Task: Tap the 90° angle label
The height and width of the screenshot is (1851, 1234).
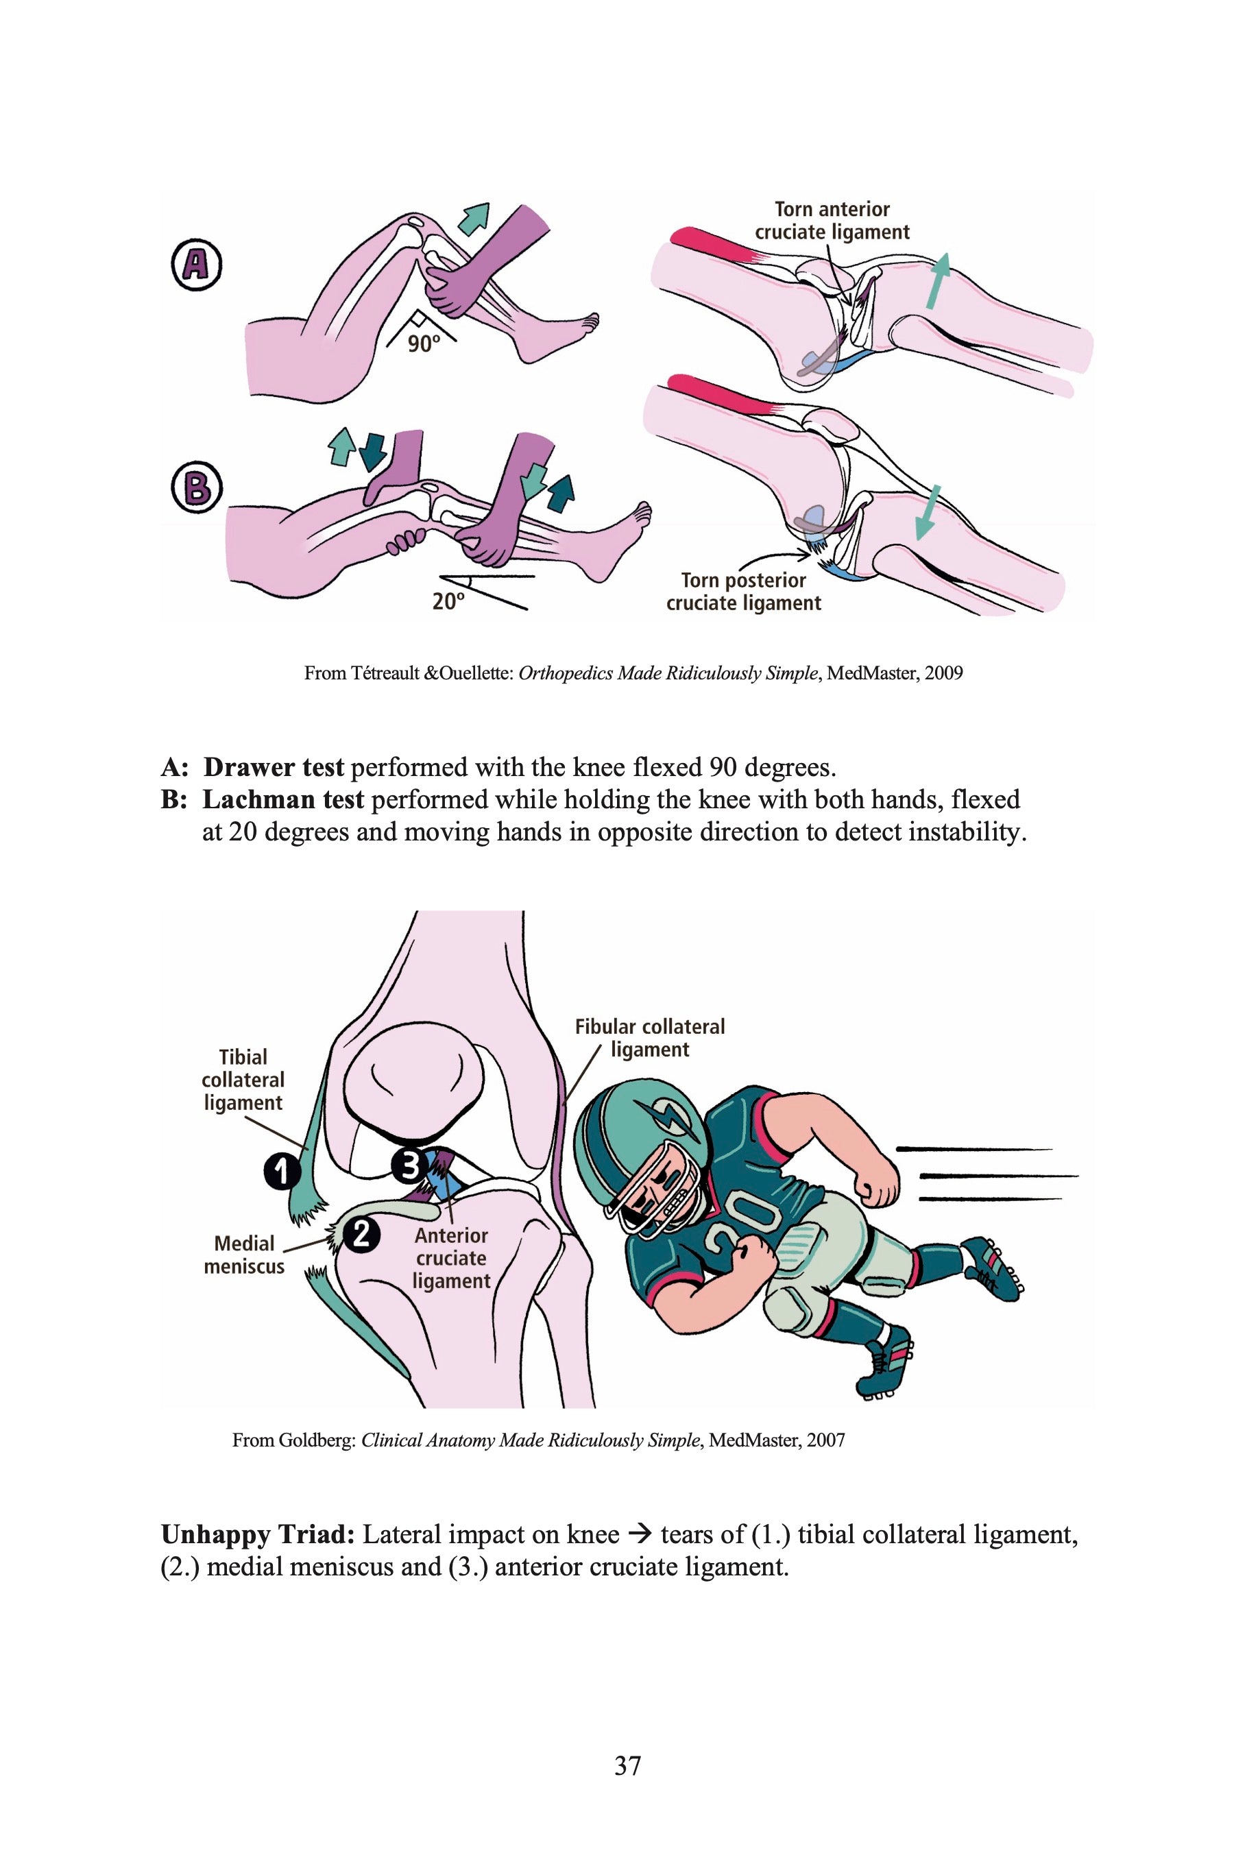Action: [x=424, y=344]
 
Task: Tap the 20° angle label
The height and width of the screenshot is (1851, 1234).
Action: [x=448, y=602]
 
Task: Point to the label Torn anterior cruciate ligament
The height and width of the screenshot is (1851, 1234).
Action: [x=832, y=221]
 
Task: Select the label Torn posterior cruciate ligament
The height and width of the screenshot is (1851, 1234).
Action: [x=744, y=592]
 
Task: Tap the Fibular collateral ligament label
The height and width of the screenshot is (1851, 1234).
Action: [x=649, y=1038]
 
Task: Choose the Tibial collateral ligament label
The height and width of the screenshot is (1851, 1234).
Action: [x=243, y=1080]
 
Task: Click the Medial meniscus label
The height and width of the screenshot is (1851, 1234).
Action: [x=244, y=1255]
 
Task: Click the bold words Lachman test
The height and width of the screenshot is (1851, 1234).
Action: [x=283, y=799]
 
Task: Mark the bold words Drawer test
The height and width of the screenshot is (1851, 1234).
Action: [x=274, y=766]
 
